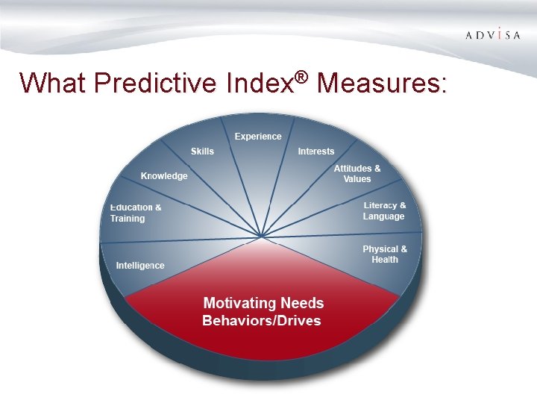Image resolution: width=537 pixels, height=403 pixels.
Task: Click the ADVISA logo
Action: pos(492,35)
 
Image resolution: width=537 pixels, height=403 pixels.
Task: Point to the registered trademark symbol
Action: pos(301,76)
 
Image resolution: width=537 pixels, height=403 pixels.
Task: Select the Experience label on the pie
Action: pos(258,137)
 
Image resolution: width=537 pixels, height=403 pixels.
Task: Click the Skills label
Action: pos(202,151)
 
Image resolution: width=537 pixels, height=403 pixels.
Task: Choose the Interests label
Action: pos(316,151)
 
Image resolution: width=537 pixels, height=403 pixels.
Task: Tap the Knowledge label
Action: pos(164,176)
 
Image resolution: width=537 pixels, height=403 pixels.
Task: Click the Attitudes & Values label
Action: pos(357,174)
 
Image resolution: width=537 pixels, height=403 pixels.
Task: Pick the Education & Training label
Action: pos(136,213)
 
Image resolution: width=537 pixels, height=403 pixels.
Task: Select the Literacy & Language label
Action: pos(384,211)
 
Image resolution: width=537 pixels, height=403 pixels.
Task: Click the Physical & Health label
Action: pos(385,254)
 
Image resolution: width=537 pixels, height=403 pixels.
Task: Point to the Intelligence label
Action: pos(140,266)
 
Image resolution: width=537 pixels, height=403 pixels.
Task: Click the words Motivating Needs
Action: pos(263,303)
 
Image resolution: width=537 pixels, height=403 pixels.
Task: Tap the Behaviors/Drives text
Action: pos(262,321)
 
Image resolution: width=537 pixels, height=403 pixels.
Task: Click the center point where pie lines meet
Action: pos(261,237)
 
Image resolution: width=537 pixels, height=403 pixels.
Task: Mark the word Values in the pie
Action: pos(357,179)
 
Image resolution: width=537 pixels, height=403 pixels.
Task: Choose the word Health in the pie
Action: pos(385,260)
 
